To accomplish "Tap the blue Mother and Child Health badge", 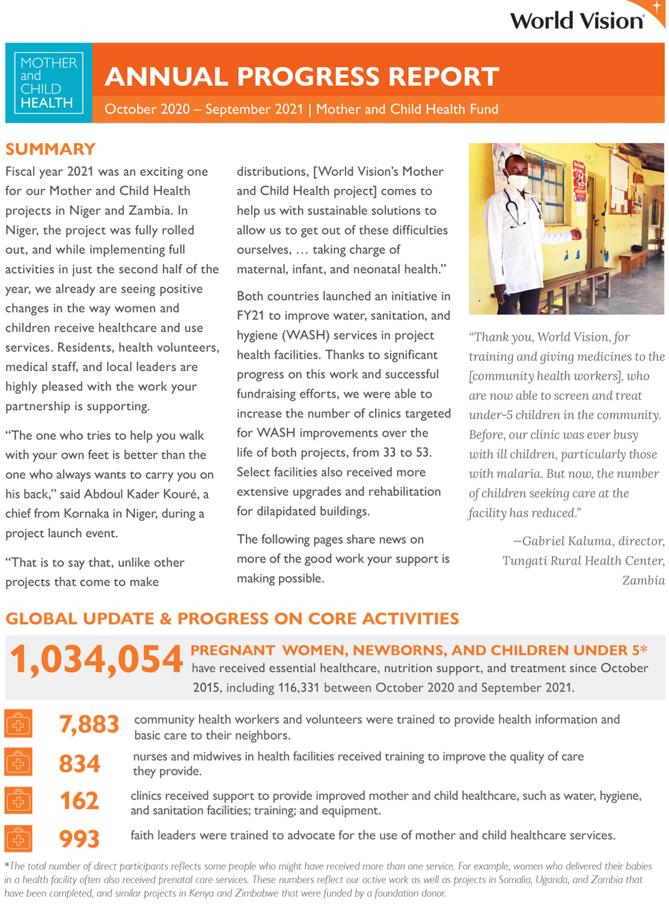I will click(48, 83).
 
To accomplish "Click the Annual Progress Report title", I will click(302, 76).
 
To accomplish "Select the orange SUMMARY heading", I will click(50, 149).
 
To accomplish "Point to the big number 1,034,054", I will click(96, 659).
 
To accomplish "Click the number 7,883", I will click(89, 724).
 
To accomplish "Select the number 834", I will click(79, 763).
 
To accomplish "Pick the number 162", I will click(79, 801).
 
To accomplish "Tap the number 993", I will click(79, 839).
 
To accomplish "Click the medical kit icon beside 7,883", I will click(19, 724).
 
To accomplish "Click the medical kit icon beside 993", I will click(19, 838).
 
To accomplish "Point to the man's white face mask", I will click(518, 180).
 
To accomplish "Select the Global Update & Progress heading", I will click(232, 618).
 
